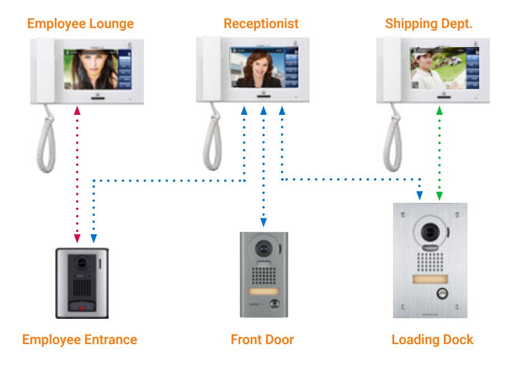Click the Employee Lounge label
point(81,24)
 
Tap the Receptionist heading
point(261,24)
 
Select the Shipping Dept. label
point(429,24)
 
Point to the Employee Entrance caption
point(79,340)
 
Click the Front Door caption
point(262,340)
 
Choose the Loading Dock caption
point(432,340)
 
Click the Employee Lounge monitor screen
point(97,69)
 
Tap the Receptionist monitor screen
point(264,67)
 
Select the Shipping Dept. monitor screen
point(445,68)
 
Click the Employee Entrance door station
point(82,283)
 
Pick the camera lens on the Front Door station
point(264,249)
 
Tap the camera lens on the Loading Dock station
point(430,232)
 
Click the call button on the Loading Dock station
point(442,294)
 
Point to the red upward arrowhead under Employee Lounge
point(77,111)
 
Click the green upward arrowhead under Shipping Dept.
point(439,111)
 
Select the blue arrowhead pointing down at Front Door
point(264,222)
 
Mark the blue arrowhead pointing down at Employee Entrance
point(93,239)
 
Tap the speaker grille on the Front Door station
point(264,276)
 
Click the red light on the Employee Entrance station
point(82,308)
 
